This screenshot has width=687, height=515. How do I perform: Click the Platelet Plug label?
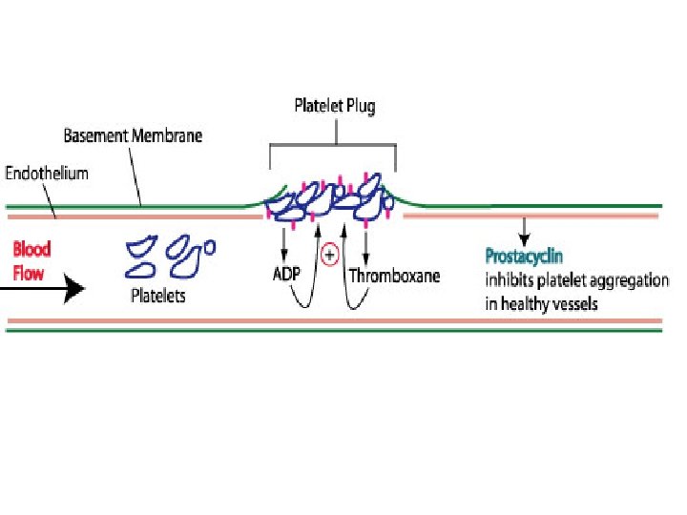(333, 106)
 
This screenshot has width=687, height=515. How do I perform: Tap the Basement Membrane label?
(133, 135)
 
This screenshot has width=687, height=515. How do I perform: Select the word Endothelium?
(47, 174)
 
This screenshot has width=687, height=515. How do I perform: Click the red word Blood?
(31, 249)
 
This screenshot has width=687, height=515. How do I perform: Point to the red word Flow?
(29, 272)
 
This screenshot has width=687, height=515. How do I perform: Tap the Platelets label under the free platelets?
(158, 297)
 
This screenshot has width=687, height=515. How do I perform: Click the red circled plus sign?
(330, 254)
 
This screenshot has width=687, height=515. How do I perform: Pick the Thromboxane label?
(394, 277)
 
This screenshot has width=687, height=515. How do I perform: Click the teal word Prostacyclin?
(524, 256)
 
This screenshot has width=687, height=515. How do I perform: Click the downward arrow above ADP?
(283, 244)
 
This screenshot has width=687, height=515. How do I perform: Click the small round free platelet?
(211, 246)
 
